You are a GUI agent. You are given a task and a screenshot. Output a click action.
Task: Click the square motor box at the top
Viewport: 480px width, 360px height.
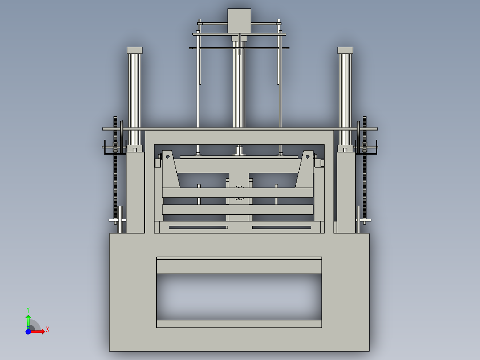(x=239, y=20)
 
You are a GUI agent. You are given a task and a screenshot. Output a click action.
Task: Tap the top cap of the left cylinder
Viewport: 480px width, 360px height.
(x=134, y=50)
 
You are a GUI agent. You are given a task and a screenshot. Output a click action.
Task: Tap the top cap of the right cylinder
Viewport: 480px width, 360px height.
(x=345, y=50)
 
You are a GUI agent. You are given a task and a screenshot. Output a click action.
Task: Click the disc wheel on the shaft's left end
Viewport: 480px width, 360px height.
(x=122, y=129)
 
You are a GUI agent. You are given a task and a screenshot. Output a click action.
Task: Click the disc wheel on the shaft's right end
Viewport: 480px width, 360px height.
(x=358, y=129)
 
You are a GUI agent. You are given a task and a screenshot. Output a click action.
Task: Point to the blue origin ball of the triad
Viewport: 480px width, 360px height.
(x=28, y=331)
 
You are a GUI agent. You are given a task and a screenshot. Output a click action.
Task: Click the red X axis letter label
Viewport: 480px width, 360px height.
(x=47, y=330)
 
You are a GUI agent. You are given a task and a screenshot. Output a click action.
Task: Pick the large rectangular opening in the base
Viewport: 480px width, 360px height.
(x=239, y=296)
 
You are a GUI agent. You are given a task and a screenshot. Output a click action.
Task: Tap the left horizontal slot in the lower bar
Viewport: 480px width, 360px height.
(x=198, y=228)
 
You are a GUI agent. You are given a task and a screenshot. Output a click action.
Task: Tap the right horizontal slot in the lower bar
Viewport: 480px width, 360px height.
(x=281, y=228)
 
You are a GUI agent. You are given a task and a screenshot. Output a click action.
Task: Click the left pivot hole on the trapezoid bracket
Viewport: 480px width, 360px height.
(x=167, y=156)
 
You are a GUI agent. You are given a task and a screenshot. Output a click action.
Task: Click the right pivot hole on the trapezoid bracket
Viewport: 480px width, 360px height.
(x=308, y=156)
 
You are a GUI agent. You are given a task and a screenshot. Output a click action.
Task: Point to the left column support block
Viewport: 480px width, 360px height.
(x=135, y=192)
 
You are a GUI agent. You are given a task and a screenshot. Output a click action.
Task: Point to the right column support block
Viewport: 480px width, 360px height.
(x=346, y=192)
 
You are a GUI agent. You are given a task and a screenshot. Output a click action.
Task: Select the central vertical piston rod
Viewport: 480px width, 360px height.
(x=239, y=89)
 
